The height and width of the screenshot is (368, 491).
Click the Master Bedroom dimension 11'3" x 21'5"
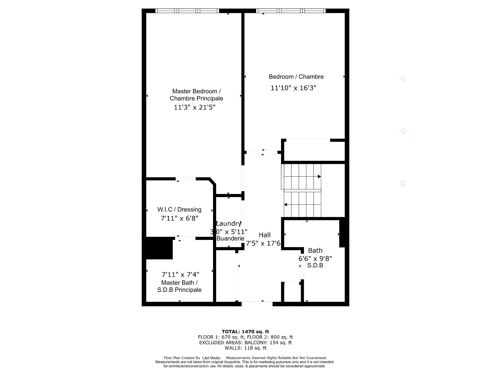click(x=195, y=107)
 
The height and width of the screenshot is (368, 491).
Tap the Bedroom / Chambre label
click(x=296, y=77)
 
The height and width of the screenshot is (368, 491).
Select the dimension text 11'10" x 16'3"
click(x=293, y=88)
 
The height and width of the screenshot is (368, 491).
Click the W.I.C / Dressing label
click(x=179, y=210)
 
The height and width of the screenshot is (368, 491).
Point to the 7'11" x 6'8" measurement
click(x=179, y=218)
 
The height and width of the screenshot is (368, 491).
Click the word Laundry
click(x=228, y=224)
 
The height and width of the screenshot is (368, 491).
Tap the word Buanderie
click(x=230, y=238)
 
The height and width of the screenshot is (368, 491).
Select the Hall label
click(x=264, y=235)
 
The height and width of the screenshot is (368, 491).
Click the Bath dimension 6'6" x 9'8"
click(x=315, y=258)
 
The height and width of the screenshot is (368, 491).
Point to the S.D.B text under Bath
click(x=315, y=266)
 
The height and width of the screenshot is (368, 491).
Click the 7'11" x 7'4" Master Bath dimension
click(x=180, y=274)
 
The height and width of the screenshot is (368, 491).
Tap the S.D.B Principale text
click(x=179, y=290)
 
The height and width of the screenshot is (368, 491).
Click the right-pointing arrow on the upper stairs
click(x=319, y=177)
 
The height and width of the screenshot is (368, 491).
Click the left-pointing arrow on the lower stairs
click(x=286, y=205)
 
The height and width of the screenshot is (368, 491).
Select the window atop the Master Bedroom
click(x=187, y=11)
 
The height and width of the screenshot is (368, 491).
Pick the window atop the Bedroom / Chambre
click(x=291, y=11)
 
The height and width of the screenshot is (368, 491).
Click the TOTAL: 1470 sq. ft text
click(x=245, y=332)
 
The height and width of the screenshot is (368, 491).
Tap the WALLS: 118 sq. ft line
click(x=245, y=348)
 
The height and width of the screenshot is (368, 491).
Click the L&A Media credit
click(x=211, y=358)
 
